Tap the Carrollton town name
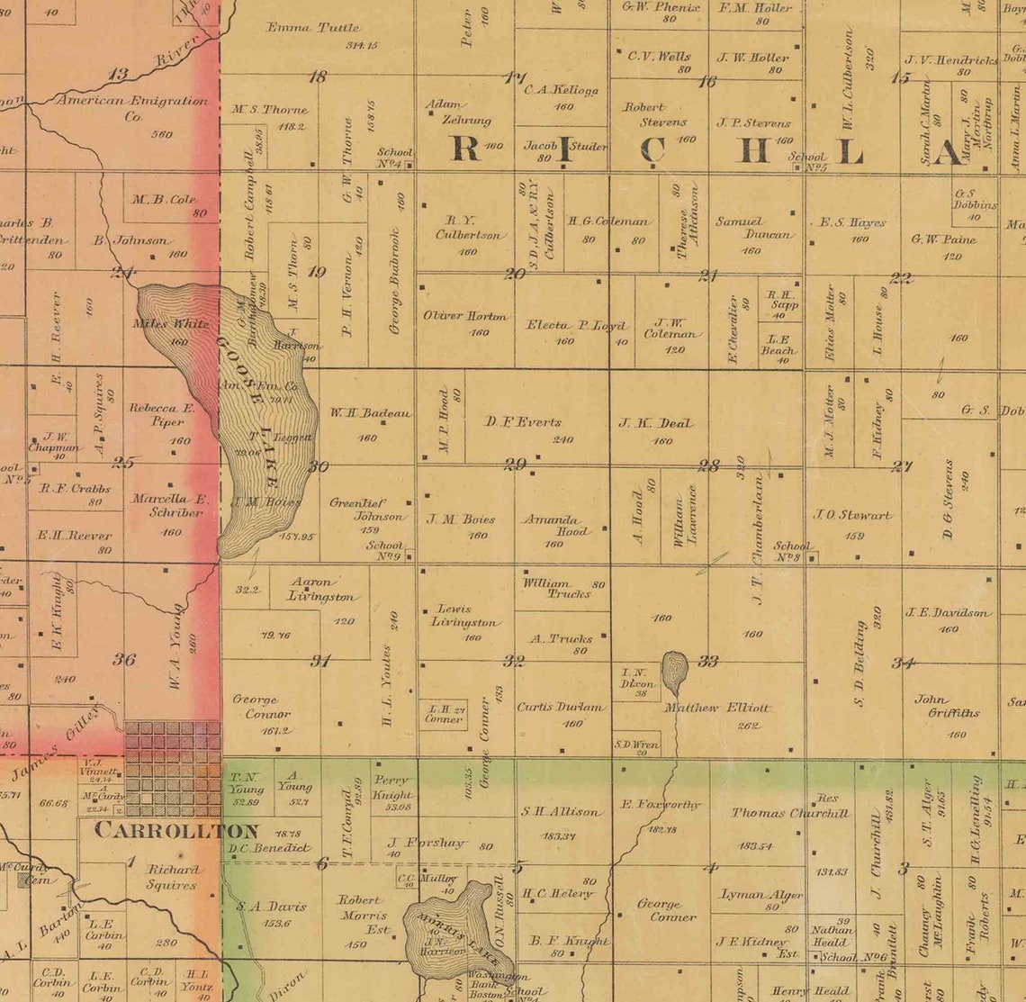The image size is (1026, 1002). coord(177,830)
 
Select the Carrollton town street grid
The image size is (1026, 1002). coord(172,768)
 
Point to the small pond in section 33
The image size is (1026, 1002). coord(674,671)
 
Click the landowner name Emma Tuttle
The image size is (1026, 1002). coord(313,27)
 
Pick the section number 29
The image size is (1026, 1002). coord(515,465)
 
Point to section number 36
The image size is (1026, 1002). coord(124,659)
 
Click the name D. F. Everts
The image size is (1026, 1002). coord(523,421)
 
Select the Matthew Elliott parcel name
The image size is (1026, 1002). coord(716,708)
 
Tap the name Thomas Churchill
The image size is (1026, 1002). coord(789,812)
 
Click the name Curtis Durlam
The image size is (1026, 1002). coord(561,707)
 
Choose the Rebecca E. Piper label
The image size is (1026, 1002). coord(162,414)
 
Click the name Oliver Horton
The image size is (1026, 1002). coord(464,316)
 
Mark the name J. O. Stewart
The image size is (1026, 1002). coord(852,515)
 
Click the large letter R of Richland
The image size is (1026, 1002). coord(464,148)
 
